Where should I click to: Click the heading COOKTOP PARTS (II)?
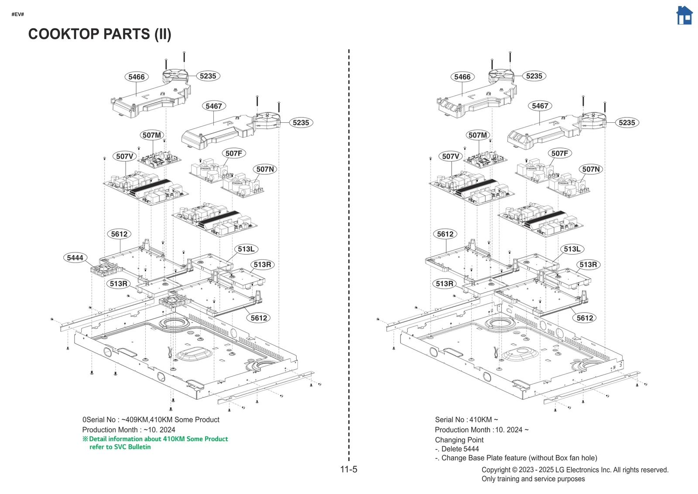click(99, 34)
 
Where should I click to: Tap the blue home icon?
click(684, 16)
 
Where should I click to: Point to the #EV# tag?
click(18, 14)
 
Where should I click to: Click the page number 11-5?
click(349, 469)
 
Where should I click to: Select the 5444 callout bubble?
click(75, 258)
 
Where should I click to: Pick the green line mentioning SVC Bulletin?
click(120, 447)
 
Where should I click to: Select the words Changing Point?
click(459, 440)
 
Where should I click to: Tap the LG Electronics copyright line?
click(575, 470)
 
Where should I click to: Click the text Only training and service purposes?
click(533, 479)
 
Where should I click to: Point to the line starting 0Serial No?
click(151, 419)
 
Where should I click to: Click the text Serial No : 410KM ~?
click(466, 419)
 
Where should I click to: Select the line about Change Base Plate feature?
click(516, 458)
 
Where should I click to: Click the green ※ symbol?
click(85, 439)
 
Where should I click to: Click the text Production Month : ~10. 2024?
click(129, 430)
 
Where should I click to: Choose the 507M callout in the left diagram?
click(151, 135)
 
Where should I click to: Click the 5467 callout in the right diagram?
click(540, 106)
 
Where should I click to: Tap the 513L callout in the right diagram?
click(572, 249)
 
